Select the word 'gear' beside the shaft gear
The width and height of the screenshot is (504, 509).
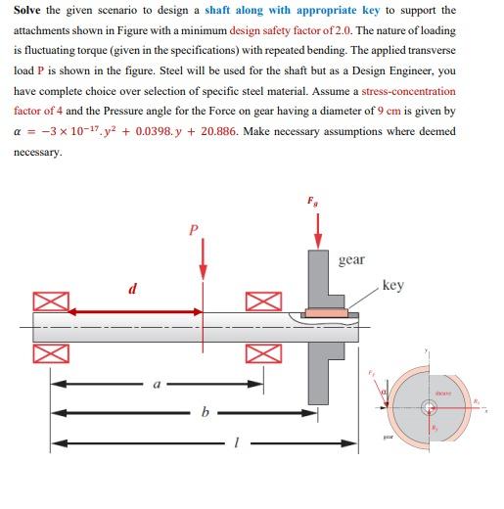pos(351,259)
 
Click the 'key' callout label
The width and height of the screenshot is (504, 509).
pos(392,286)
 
